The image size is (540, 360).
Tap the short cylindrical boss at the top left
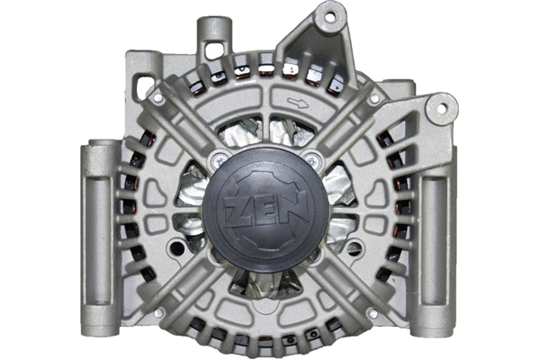point(212,33)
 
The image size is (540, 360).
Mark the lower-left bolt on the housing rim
point(158,312)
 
